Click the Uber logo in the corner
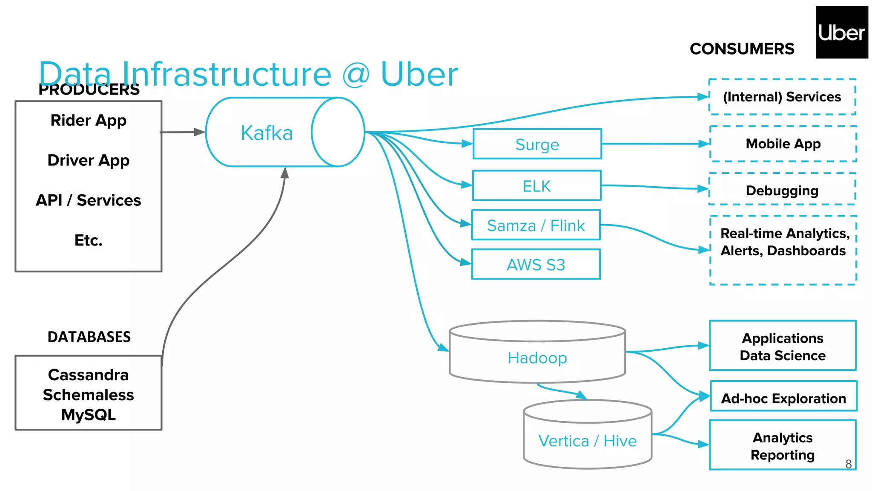pyautogui.click(x=841, y=32)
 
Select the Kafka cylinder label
pyautogui.click(x=267, y=133)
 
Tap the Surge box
pyautogui.click(x=537, y=144)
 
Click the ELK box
pyautogui.click(x=536, y=186)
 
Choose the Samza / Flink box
pyautogui.click(x=536, y=225)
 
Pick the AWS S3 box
pyautogui.click(x=536, y=265)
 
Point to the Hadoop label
pyautogui.click(x=537, y=358)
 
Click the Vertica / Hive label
pyautogui.click(x=587, y=441)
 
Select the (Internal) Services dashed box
pyautogui.click(x=782, y=97)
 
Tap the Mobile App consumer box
pyautogui.click(x=783, y=144)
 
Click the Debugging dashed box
pyautogui.click(x=782, y=190)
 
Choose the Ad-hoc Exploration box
pyautogui.click(x=783, y=398)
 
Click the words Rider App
pyautogui.click(x=89, y=121)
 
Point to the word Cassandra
pyautogui.click(x=88, y=375)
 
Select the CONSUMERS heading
pyautogui.click(x=742, y=49)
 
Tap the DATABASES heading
pyautogui.click(x=89, y=337)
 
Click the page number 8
pyautogui.click(x=848, y=464)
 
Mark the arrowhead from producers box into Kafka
pyautogui.click(x=199, y=132)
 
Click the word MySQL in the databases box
pyautogui.click(x=88, y=415)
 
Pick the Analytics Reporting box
pyautogui.click(x=782, y=446)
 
